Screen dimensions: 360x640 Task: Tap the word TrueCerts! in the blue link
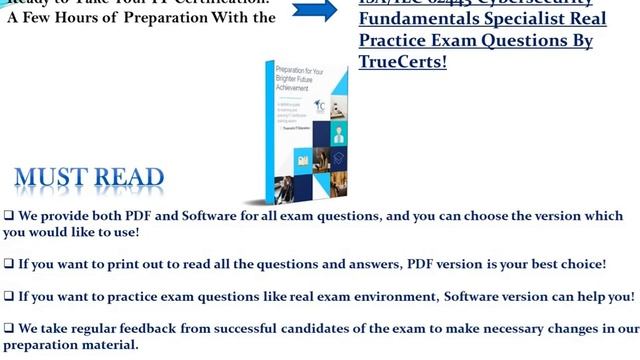coord(403,62)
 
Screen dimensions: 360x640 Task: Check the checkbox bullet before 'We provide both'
coord(8,216)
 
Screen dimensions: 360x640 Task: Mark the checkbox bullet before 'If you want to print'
coord(8,264)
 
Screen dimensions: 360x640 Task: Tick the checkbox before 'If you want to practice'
coord(8,297)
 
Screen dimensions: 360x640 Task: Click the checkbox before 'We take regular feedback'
coord(8,328)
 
